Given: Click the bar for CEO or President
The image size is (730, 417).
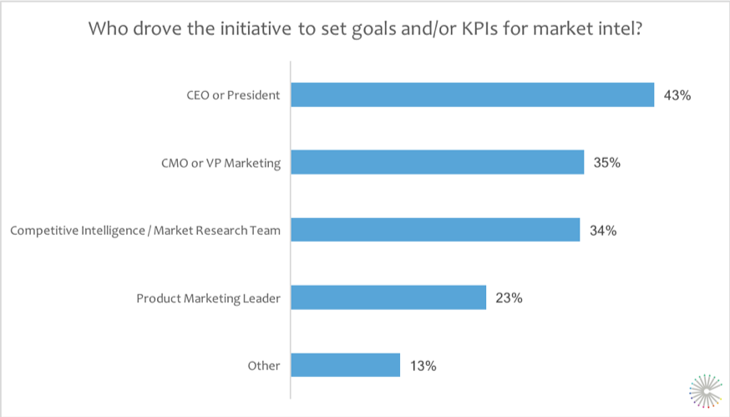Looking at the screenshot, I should pos(472,94).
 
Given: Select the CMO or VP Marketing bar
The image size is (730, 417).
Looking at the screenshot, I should pos(437,162).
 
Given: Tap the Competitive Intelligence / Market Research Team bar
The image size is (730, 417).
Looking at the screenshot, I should pos(435,230).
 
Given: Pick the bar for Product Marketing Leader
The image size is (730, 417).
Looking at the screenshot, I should pos(388,297).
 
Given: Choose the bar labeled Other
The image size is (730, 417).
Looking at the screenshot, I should pos(346,365).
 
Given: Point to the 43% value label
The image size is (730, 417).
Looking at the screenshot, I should pos(677,95).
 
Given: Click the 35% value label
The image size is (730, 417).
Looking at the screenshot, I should pos(607,163).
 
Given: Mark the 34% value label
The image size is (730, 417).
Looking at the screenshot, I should pos(603,230).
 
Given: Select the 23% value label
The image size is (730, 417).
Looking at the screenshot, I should pos(509,297).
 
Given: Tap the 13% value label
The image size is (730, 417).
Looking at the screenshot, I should pos(423,365).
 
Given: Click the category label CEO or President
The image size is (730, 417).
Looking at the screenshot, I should pos(234,95).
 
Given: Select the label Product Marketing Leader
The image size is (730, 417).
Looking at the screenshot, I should pos(209,297).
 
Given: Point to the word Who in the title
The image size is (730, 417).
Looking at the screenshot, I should pos(107,30).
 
